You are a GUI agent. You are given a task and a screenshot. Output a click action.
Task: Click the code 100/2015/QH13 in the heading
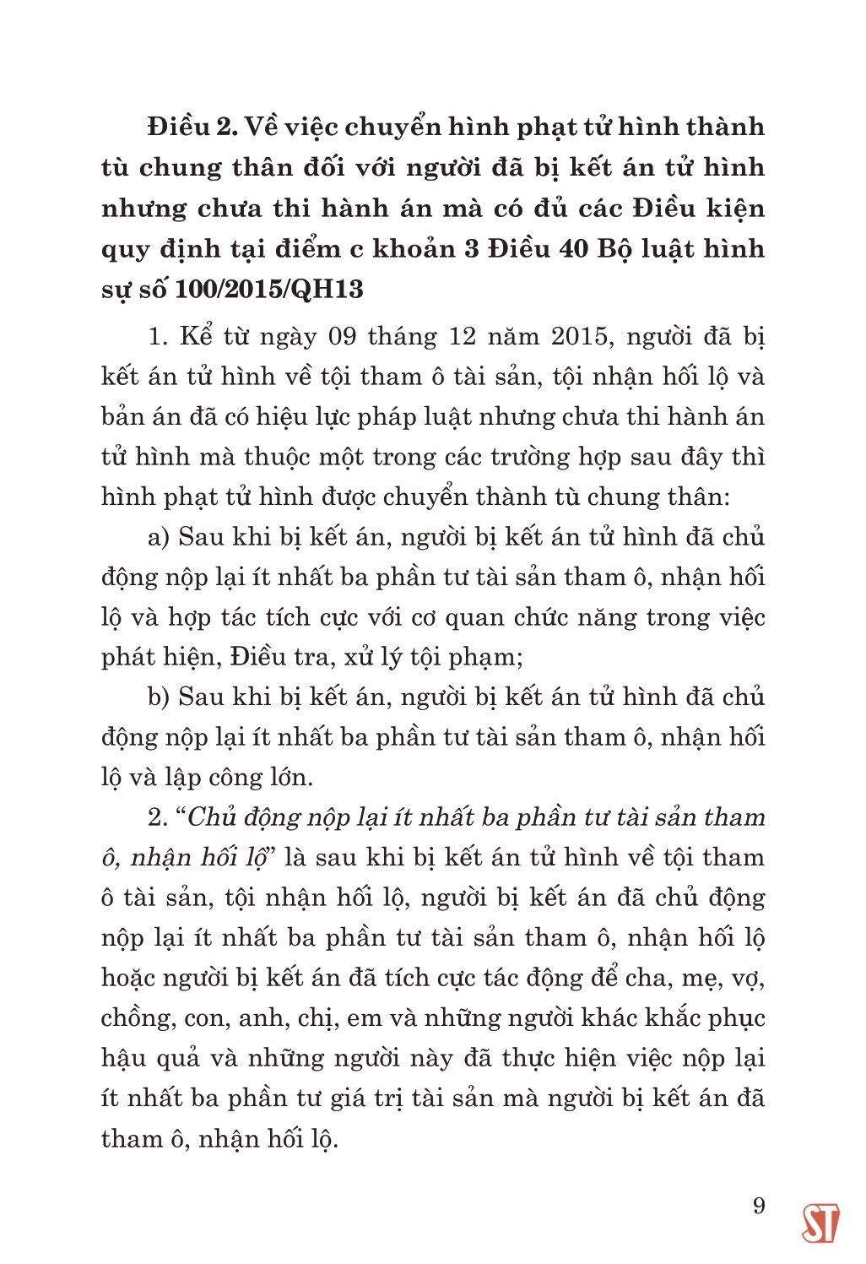click(x=270, y=290)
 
